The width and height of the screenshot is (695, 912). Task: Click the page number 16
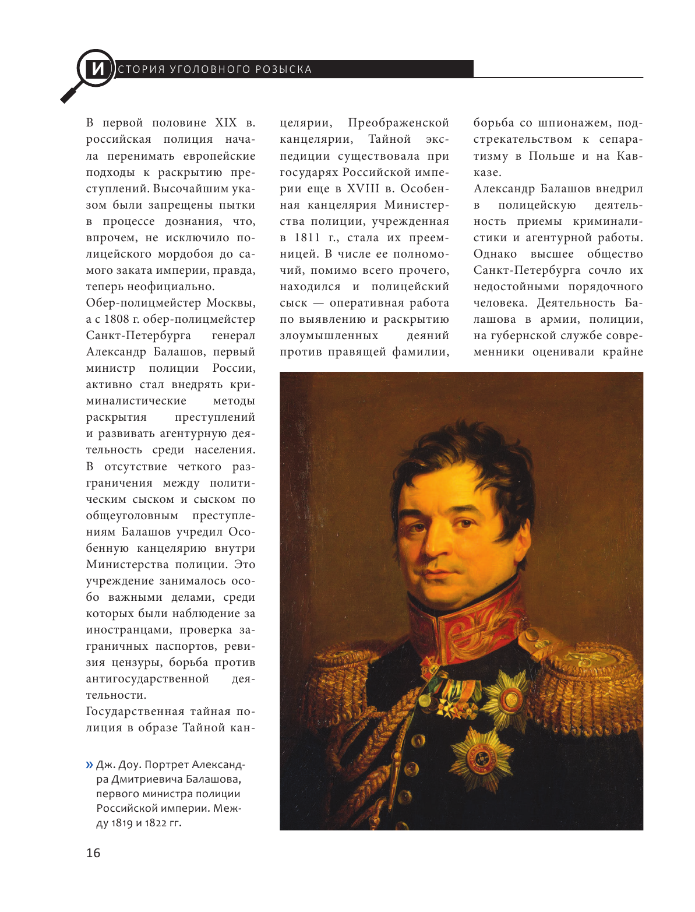click(x=93, y=853)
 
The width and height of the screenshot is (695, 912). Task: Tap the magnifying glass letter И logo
click(x=96, y=69)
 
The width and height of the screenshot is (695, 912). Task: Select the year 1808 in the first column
click(x=116, y=319)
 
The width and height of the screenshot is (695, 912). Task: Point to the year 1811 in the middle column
click(x=308, y=238)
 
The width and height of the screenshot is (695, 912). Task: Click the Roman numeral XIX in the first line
click(x=226, y=123)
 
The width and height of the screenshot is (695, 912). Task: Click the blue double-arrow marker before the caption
click(x=90, y=765)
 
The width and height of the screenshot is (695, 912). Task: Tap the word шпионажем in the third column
click(x=575, y=123)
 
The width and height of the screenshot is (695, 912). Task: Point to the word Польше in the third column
click(x=551, y=156)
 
